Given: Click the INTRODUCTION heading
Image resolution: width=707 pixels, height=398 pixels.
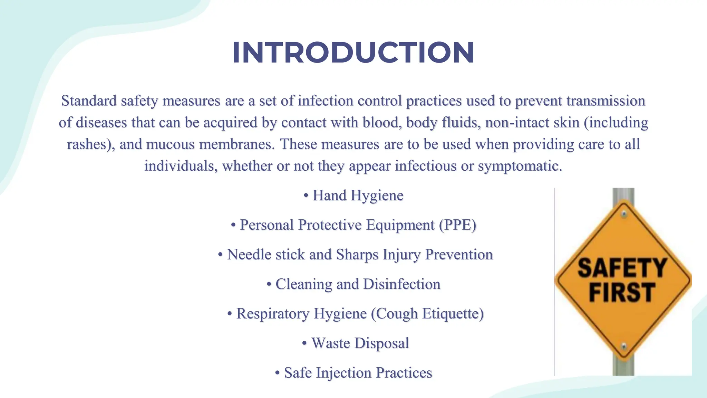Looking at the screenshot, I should coord(353,53).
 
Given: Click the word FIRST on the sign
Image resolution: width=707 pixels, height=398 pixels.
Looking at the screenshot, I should coord(621,292).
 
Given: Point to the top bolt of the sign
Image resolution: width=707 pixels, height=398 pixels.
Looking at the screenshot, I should coord(623,214).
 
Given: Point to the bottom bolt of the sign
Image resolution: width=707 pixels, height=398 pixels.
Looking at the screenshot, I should coord(623,346).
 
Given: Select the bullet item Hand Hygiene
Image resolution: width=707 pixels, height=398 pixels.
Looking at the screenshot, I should coord(357,196).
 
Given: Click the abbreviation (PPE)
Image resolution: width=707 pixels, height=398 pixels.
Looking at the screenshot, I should coord(458,225).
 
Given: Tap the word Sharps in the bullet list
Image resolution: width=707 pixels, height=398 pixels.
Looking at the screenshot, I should coord(357,255).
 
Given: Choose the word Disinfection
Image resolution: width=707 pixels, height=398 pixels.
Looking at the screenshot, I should coord(401,284).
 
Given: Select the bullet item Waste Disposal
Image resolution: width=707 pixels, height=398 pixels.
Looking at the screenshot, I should coord(360,343).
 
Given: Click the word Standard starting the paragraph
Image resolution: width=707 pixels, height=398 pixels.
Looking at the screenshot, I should coord(89,101).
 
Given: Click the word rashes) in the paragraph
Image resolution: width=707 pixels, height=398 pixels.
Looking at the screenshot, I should coord(91,144).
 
